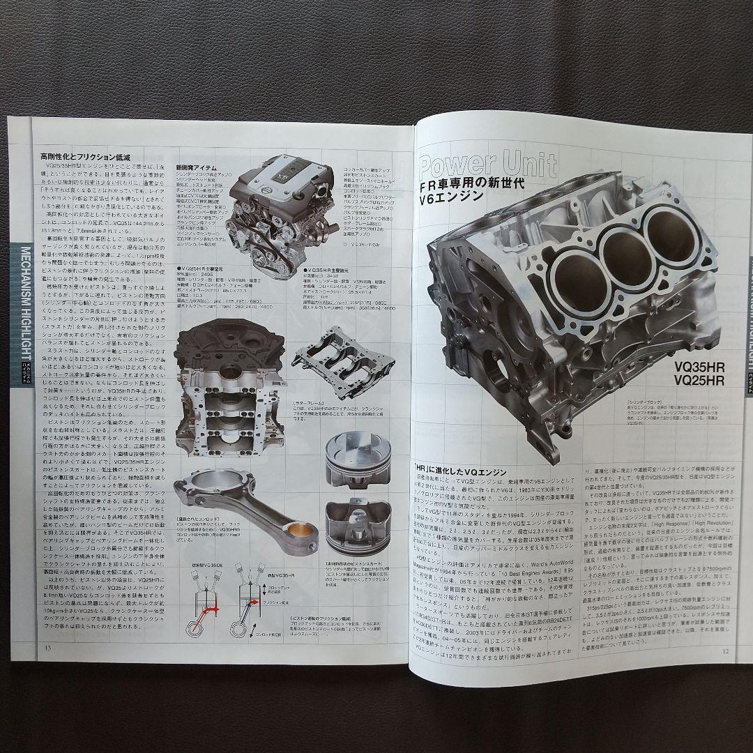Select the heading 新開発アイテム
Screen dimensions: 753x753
(196, 167)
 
